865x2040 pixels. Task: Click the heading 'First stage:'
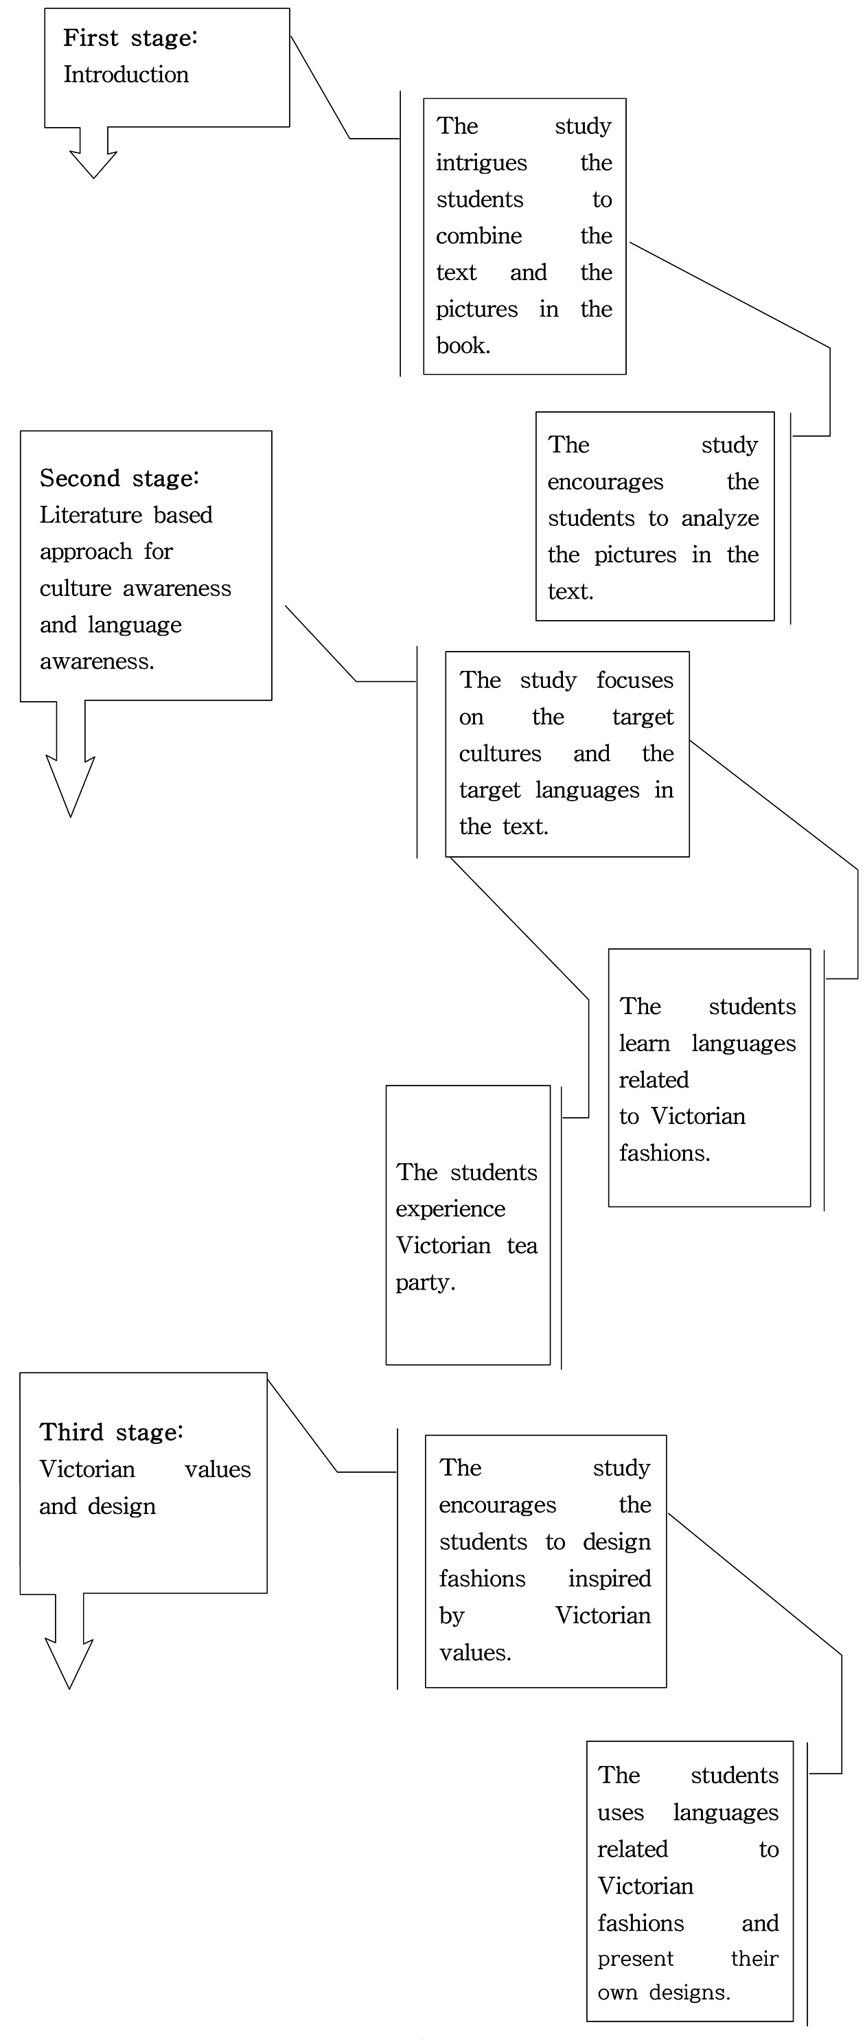tap(130, 38)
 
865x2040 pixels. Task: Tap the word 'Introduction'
tap(126, 74)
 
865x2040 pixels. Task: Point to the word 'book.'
tap(463, 346)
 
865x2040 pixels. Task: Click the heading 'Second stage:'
tap(119, 479)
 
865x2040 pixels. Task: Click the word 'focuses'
tap(634, 680)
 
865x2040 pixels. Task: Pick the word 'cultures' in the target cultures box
tap(500, 753)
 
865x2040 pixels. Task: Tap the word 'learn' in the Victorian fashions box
tap(644, 1044)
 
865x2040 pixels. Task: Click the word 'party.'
tap(426, 1282)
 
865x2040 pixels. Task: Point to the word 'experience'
tap(450, 1209)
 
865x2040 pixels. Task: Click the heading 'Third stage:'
tap(112, 1432)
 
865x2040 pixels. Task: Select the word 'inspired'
tap(608, 1579)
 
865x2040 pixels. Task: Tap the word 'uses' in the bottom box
tap(620, 1813)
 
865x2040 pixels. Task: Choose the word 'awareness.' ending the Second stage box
tap(97, 661)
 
